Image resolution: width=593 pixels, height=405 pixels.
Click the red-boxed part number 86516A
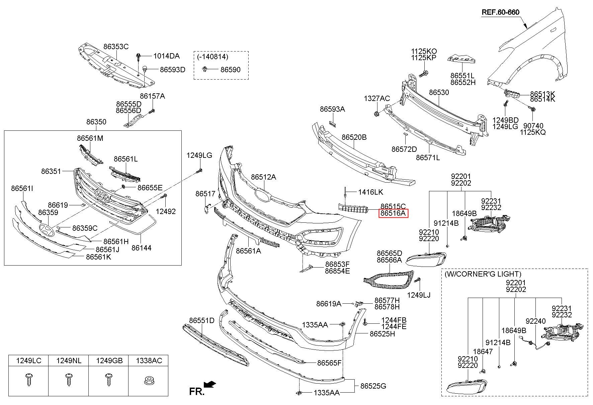point(393,213)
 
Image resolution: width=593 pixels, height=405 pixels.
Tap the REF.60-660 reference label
point(500,12)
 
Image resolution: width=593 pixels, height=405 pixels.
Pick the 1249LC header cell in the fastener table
point(29,361)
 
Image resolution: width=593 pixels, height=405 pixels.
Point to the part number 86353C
point(116,46)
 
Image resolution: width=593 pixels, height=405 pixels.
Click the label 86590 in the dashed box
point(230,70)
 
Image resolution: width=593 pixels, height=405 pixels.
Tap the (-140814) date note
point(213,57)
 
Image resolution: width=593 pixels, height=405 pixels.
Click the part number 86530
point(439,92)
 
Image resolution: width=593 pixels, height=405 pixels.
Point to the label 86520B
point(354,137)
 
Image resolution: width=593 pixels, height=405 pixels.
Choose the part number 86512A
point(263,177)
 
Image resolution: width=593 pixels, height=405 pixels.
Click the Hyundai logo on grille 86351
point(102,196)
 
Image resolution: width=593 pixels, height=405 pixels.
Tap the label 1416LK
point(370,192)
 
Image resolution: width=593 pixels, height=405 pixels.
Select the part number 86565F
point(329,363)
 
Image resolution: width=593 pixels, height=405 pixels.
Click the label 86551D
point(201,320)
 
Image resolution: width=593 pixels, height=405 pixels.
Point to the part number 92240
point(536,321)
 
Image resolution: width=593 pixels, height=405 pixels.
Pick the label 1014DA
point(166,56)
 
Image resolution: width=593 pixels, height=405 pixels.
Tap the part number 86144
point(141,248)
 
